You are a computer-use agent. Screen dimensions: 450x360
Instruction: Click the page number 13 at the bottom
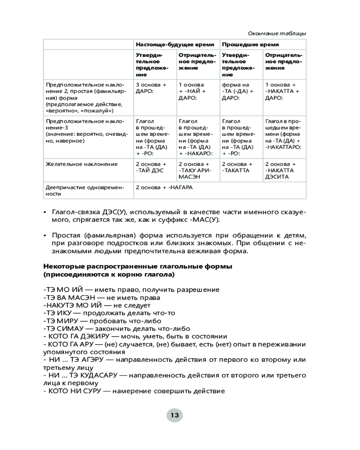[175, 415]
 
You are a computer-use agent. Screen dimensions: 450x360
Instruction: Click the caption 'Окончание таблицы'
[277, 33]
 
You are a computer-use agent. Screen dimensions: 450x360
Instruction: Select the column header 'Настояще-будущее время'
[175, 45]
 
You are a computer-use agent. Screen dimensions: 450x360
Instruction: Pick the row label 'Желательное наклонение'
[81, 164]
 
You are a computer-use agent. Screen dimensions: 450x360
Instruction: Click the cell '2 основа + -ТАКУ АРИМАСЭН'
[195, 171]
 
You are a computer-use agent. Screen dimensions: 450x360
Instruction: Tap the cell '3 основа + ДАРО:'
[151, 88]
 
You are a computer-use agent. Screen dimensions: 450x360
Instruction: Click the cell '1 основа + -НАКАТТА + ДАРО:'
[281, 91]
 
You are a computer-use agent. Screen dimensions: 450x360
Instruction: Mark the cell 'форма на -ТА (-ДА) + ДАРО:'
[238, 91]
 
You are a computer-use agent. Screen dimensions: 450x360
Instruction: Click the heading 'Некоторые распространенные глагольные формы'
[138, 266]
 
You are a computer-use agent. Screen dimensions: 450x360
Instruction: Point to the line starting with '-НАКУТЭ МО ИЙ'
[96, 305]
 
